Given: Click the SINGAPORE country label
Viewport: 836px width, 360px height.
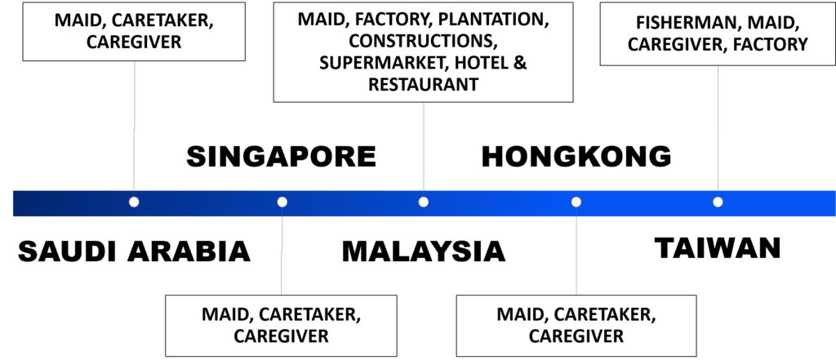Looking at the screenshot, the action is (281, 157).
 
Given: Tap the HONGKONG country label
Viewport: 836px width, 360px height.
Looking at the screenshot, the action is (576, 157).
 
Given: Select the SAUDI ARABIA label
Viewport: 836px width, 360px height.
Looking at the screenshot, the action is (135, 251).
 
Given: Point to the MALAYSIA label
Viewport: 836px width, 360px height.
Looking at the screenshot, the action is (424, 251).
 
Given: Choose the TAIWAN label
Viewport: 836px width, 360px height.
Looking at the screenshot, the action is (718, 248).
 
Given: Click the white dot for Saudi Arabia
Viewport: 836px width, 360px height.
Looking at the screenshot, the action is (134, 202).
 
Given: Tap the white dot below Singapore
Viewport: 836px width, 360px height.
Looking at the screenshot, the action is (282, 202).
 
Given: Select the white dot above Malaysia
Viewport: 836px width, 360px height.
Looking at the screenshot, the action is (424, 202).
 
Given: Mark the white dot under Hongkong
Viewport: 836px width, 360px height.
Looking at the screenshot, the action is (576, 202).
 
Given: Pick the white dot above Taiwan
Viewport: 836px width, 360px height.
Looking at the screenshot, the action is (718, 202).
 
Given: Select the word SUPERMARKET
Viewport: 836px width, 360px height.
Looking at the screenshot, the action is (380, 63).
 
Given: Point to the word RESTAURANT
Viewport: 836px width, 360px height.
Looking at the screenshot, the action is (424, 84).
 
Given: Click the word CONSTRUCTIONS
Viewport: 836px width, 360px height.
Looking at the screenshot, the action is (424, 41).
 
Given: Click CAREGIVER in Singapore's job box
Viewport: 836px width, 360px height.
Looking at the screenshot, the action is (281, 336).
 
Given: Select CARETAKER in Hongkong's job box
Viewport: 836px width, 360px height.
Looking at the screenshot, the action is (604, 314).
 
